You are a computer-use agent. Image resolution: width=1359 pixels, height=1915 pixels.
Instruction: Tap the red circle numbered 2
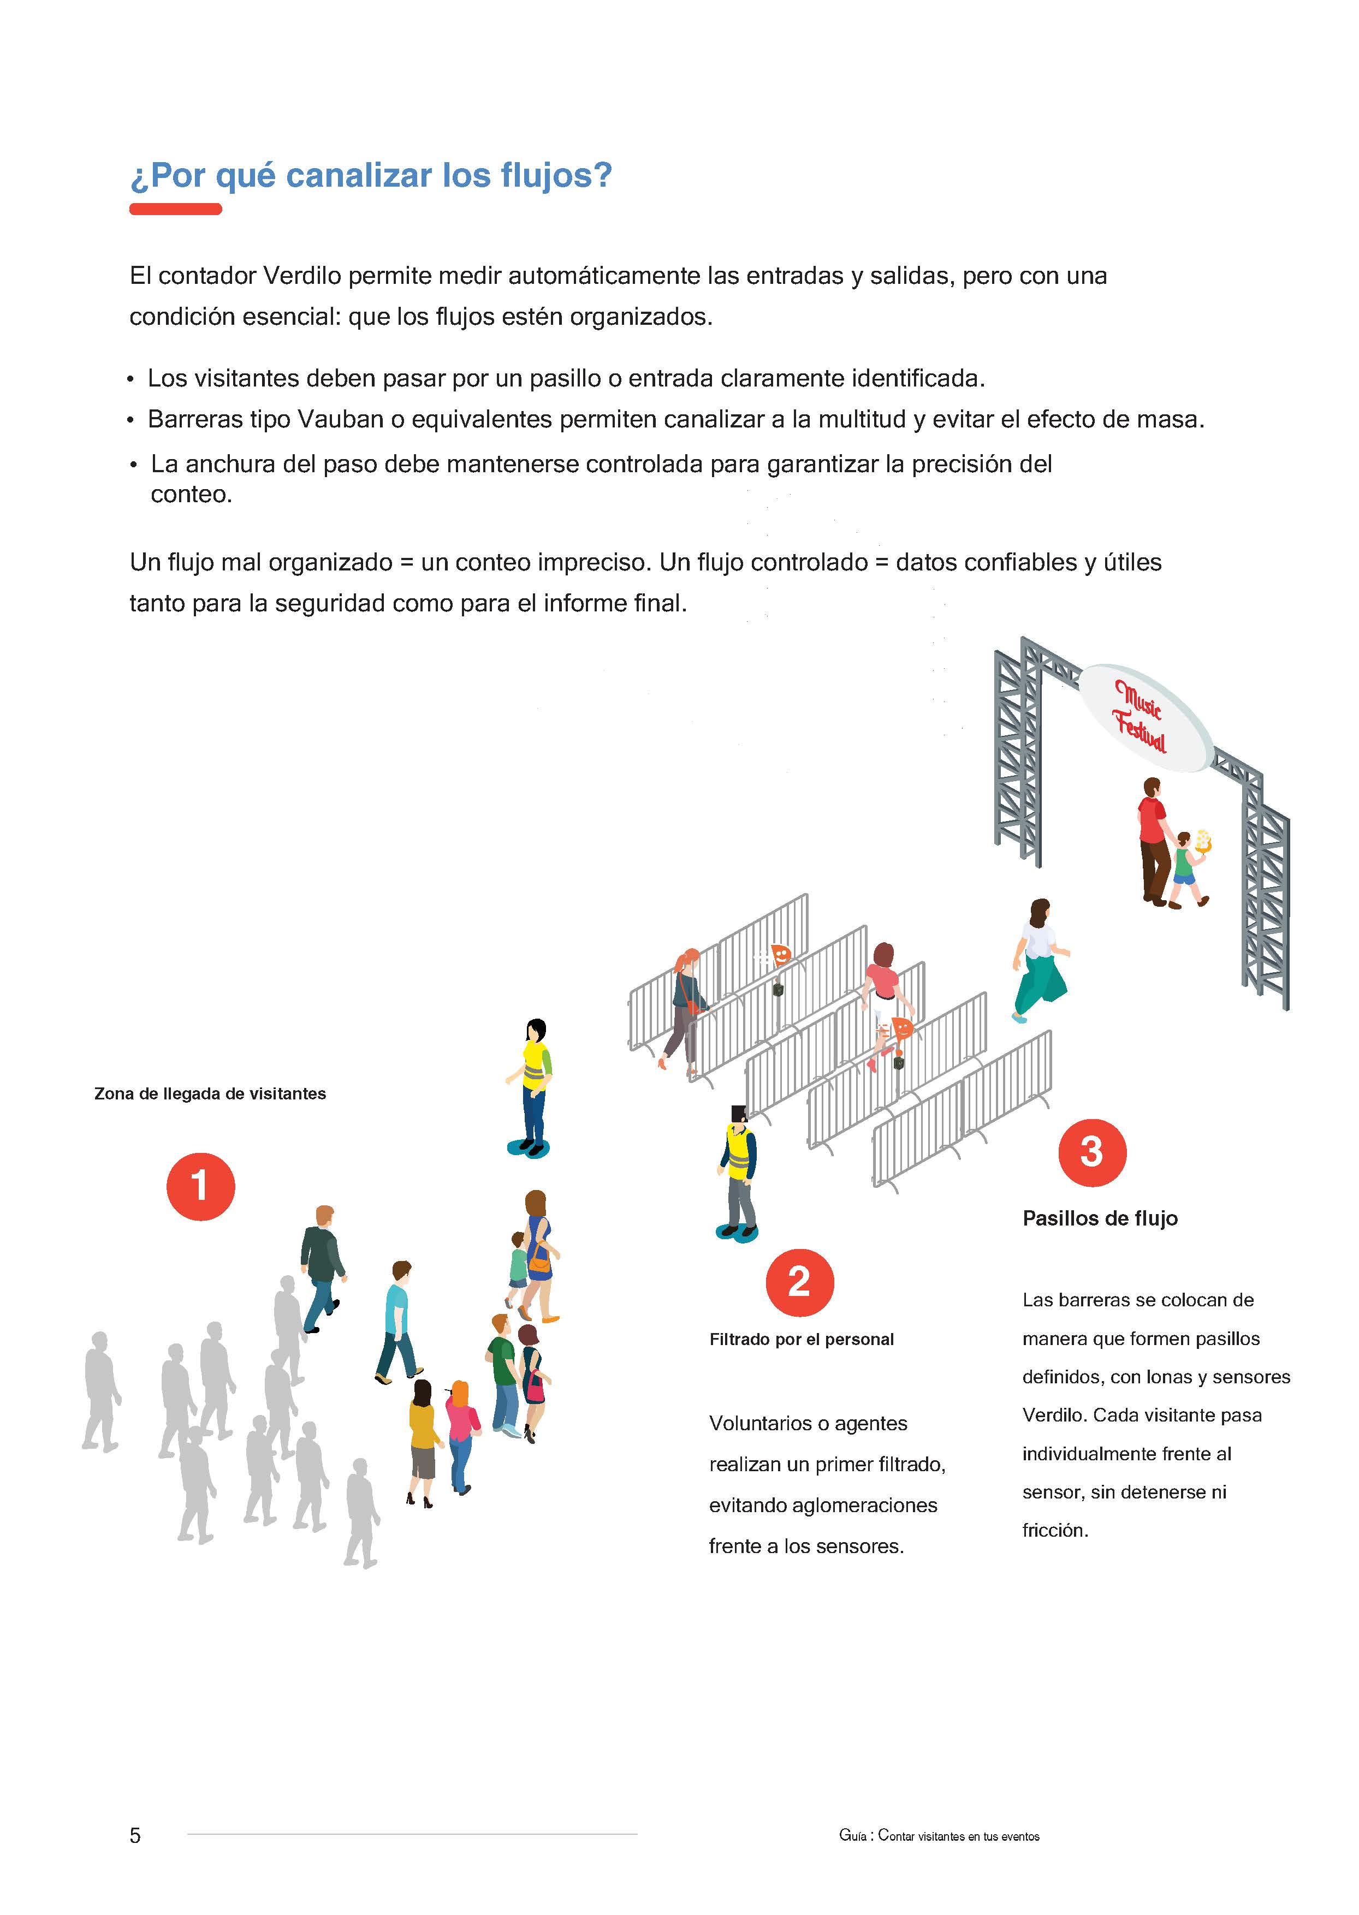799,1282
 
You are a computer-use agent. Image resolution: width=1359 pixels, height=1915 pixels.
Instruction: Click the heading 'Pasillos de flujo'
1100,1218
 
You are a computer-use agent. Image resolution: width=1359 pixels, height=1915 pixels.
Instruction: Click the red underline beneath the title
175,209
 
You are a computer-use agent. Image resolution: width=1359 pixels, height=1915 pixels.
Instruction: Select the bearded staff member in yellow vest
738,1171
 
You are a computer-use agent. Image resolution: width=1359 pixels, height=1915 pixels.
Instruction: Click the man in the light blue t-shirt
396,1321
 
